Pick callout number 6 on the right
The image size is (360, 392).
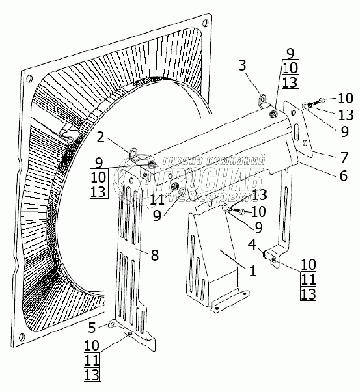pyautogui.click(x=343, y=176)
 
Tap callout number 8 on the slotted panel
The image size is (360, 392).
pyautogui.click(x=154, y=255)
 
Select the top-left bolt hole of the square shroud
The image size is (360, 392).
pyautogui.click(x=29, y=78)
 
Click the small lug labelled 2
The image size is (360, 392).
pyautogui.click(x=134, y=153)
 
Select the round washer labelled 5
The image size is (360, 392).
pyautogui.click(x=112, y=325)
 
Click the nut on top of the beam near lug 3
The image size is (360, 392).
pyautogui.click(x=273, y=114)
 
